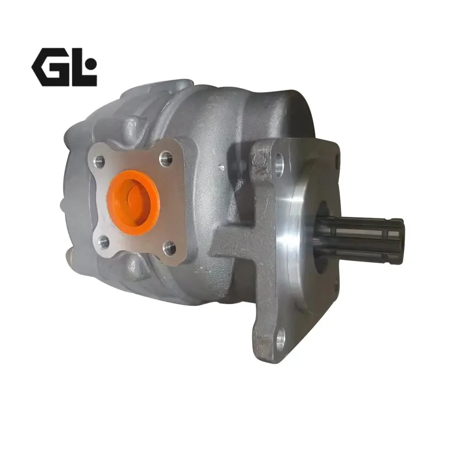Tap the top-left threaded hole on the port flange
click(99, 160)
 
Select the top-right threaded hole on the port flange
click(166, 158)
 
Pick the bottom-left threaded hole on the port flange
click(103, 242)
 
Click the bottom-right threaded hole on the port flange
click(169, 247)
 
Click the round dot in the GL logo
click(91, 63)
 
